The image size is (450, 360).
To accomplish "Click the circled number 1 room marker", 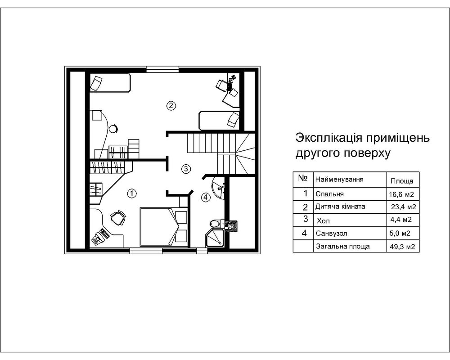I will (131, 193).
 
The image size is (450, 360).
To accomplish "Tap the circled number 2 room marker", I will (170, 106).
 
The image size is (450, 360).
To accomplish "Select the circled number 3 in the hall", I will (186, 169).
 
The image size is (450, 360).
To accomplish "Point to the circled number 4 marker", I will (205, 197).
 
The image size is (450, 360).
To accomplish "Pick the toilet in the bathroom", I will (215, 224).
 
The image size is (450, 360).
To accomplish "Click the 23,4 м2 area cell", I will (402, 207).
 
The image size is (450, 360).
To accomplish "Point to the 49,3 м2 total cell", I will (401, 247).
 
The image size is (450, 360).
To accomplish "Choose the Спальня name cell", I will (330, 194).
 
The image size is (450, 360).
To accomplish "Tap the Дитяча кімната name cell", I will (341, 207).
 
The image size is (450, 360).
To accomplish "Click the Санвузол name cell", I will (332, 233).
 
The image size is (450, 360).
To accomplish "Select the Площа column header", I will (402, 181).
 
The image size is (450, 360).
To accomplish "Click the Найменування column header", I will (339, 179).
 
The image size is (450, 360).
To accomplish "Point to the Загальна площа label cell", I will (342, 246).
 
